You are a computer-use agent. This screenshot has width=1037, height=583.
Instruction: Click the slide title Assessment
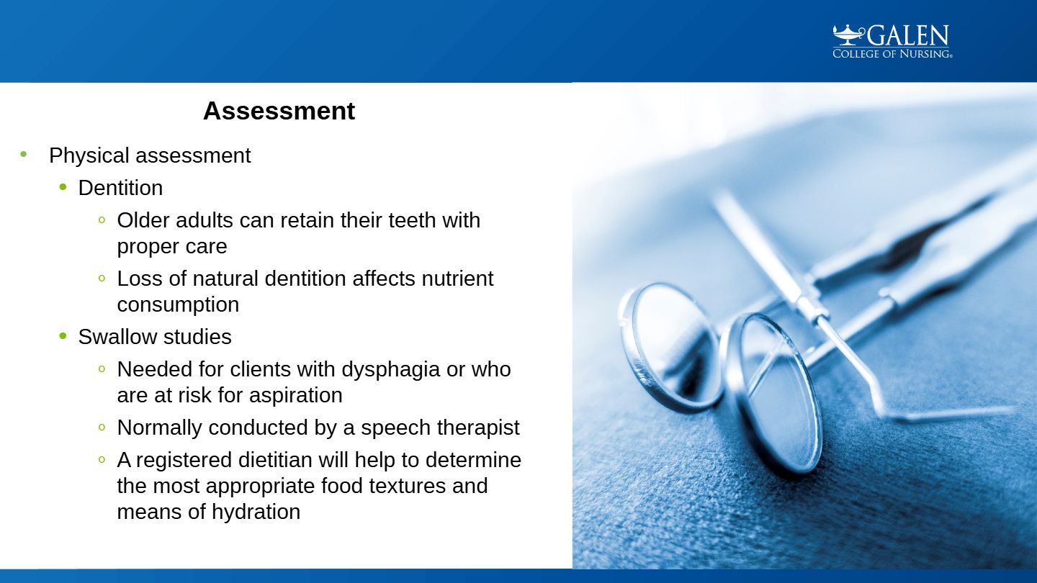pyautogui.click(x=279, y=111)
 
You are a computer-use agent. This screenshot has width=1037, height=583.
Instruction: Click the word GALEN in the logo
pyautogui.click(x=908, y=36)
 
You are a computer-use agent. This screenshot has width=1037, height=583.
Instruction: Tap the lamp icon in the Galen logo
pyautogui.click(x=849, y=35)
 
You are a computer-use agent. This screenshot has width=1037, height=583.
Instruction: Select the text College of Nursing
pyautogui.click(x=892, y=54)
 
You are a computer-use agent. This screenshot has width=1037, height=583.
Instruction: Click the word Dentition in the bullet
pyautogui.click(x=120, y=189)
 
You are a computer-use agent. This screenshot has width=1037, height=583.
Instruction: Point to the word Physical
pyautogui.click(x=89, y=156)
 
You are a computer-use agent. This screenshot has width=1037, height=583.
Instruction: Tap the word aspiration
pyautogui.click(x=295, y=396)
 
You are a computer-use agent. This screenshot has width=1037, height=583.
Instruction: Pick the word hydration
pyautogui.click(x=256, y=512)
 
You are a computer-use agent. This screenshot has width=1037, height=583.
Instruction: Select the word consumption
pyautogui.click(x=178, y=305)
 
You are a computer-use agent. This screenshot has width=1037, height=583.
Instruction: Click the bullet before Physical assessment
pyautogui.click(x=24, y=155)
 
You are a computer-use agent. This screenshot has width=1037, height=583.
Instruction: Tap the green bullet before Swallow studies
pyautogui.click(x=63, y=336)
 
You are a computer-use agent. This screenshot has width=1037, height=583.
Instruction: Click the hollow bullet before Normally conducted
pyautogui.click(x=102, y=427)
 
